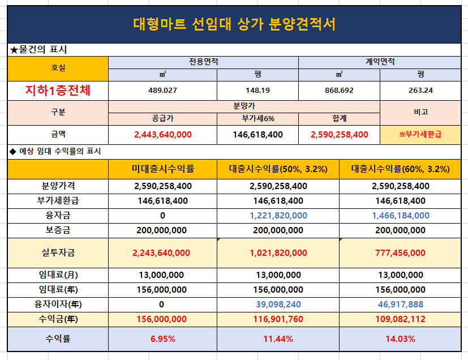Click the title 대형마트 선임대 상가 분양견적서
point(234,24)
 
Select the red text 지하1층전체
point(58,90)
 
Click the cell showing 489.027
point(162,91)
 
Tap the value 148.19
point(257,91)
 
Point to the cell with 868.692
point(339,91)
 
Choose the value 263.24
point(420,91)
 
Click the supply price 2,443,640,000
point(162,135)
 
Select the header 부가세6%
point(258,118)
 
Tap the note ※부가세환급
point(420,134)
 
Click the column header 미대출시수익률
point(162,169)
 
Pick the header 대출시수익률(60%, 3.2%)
point(400,169)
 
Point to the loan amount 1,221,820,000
point(278,216)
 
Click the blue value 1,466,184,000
point(401,216)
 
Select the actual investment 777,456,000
point(400,253)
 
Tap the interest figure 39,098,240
point(278,305)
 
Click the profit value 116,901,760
point(278,319)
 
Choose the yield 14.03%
point(400,339)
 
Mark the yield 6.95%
point(162,339)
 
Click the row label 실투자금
point(58,253)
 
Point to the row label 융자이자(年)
point(58,304)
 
